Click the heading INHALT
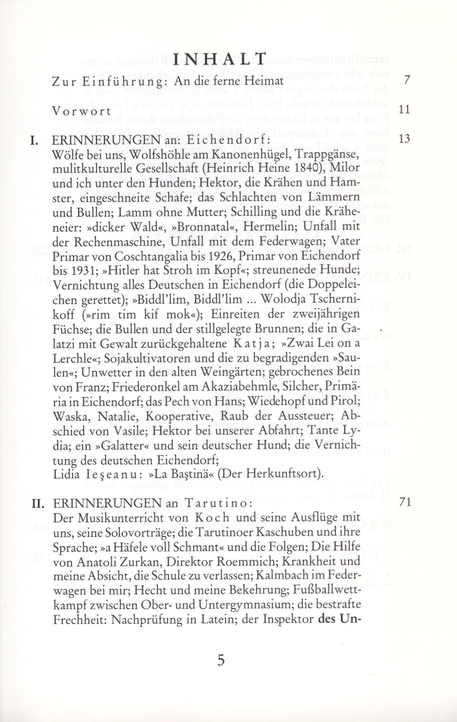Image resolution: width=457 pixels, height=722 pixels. pos(219,60)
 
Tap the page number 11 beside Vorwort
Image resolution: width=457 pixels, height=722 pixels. pos(404,110)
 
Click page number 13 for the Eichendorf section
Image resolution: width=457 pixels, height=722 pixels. pos(404,139)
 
